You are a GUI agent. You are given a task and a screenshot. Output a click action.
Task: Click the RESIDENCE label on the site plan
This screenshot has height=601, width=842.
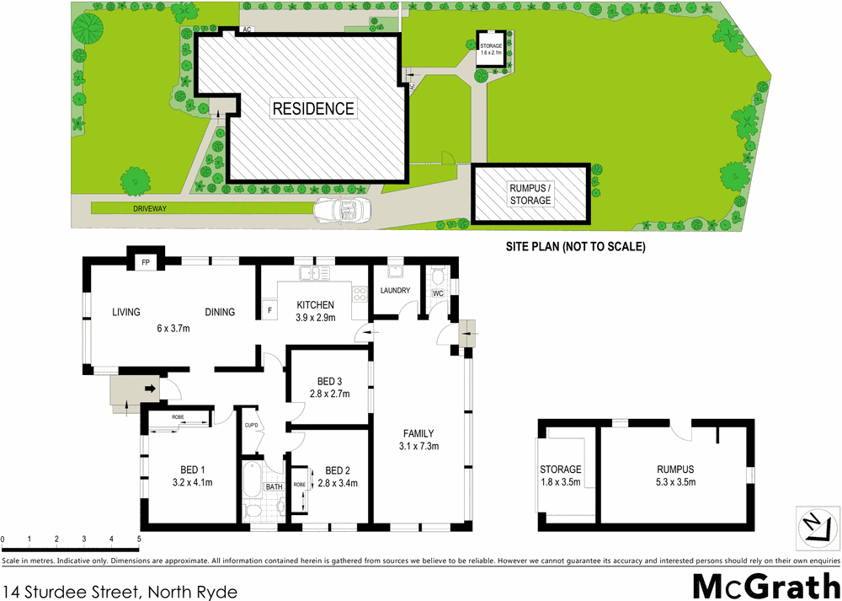[312, 109]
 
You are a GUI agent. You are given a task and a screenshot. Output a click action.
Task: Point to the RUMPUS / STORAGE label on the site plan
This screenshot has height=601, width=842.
[530, 195]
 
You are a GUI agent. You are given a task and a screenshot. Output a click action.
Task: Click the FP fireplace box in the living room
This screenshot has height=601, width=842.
[146, 263]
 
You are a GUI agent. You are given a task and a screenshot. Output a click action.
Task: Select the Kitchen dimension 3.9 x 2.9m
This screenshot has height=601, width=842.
[316, 318]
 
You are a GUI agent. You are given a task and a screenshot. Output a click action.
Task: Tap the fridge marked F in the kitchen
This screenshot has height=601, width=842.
[269, 311]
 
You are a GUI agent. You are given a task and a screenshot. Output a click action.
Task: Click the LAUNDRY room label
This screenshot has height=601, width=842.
[395, 291]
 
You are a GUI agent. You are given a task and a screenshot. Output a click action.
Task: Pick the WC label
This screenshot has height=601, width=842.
[438, 293]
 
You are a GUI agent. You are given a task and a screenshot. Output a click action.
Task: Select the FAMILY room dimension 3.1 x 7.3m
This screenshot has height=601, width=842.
[418, 446]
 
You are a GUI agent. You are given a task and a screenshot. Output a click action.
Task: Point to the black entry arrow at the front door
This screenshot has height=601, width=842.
[150, 389]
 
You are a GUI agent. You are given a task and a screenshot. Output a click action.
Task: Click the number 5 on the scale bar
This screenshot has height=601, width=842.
[138, 539]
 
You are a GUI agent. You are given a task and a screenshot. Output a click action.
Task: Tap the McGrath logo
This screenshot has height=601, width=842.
[765, 584]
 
